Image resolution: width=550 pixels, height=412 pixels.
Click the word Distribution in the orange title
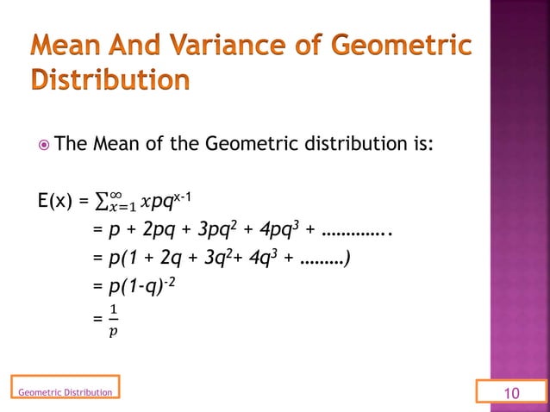109,81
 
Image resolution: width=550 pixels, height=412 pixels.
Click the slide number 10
512,393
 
